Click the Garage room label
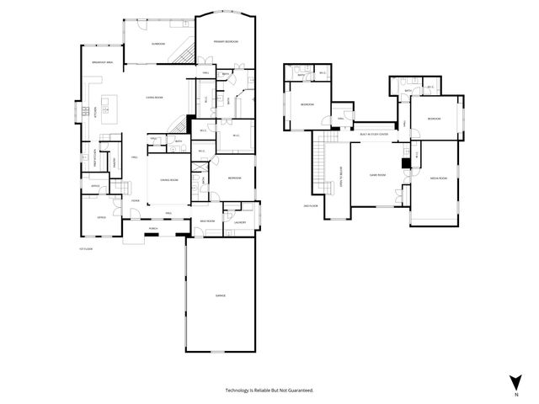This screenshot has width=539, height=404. pyautogui.click(x=220, y=295)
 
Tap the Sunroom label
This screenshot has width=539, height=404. pyautogui.click(x=157, y=44)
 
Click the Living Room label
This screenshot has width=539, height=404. pyautogui.click(x=153, y=98)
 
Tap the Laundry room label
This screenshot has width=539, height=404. pyautogui.click(x=239, y=222)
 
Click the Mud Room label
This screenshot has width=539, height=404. pyautogui.click(x=207, y=221)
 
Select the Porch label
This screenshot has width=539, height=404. pyautogui.click(x=153, y=228)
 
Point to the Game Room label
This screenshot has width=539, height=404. pyautogui.click(x=376, y=174)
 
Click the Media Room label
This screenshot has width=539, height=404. pyautogui.click(x=438, y=178)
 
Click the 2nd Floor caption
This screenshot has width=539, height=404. pyautogui.click(x=310, y=205)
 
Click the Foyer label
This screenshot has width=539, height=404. pyautogui.click(x=135, y=200)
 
